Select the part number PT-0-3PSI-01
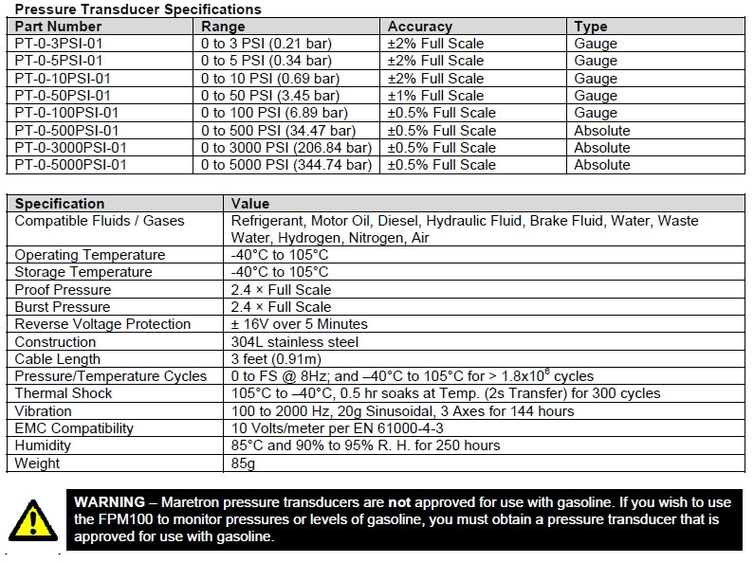tap(59, 44)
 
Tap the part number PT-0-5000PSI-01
tap(71, 165)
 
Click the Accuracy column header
tap(420, 27)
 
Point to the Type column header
tap(591, 27)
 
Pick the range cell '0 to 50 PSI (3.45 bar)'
tap(270, 96)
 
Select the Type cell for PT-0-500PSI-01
tap(601, 131)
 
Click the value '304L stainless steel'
tap(295, 342)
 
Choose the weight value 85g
tap(245, 463)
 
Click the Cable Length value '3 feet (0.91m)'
tap(276, 359)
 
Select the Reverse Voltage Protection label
tap(102, 324)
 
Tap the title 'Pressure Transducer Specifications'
tap(138, 9)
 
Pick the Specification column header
tap(60, 203)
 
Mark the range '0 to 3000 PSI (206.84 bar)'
tap(286, 148)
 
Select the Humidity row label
tap(44, 445)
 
